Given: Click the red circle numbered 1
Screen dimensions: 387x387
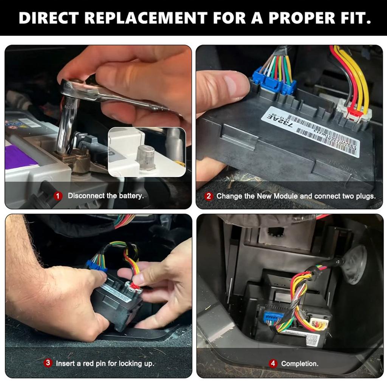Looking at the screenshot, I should pyautogui.click(x=58, y=196).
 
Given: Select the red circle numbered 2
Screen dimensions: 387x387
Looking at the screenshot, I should pyautogui.click(x=209, y=196).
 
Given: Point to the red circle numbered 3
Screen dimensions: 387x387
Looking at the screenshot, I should pyautogui.click(x=48, y=363).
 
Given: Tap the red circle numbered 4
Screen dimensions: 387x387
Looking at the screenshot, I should pyautogui.click(x=273, y=364).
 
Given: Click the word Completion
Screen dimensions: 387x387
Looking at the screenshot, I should pyautogui.click(x=300, y=364).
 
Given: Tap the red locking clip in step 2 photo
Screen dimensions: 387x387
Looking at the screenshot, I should pyautogui.click(x=355, y=112).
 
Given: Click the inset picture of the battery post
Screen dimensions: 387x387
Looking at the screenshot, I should pyautogui.click(x=147, y=152).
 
